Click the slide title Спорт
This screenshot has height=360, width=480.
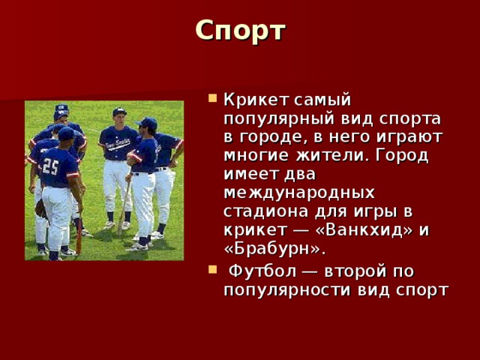click(x=240, y=30)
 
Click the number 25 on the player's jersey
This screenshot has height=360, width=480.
click(x=50, y=166)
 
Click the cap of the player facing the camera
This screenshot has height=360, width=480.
click(x=119, y=112)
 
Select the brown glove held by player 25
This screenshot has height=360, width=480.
click(x=40, y=208)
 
